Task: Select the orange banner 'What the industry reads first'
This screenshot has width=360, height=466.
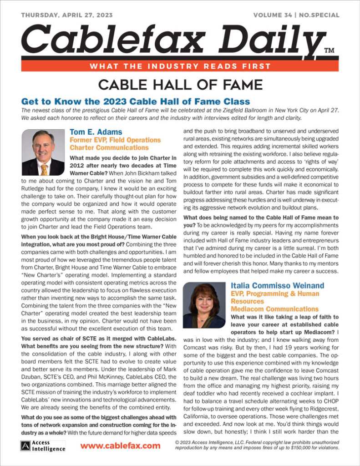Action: [180, 66]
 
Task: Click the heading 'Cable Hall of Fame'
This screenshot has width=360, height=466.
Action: [180, 85]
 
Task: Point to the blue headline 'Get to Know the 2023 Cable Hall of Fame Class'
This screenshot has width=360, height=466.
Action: [136, 101]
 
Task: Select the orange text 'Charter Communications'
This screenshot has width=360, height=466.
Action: [109, 148]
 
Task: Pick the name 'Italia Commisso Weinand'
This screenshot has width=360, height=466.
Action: [277, 286]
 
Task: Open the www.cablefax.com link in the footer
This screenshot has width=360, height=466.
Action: [120, 446]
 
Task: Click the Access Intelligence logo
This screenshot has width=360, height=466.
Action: [43, 446]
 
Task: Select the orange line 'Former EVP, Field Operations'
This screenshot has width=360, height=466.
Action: [115, 141]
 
